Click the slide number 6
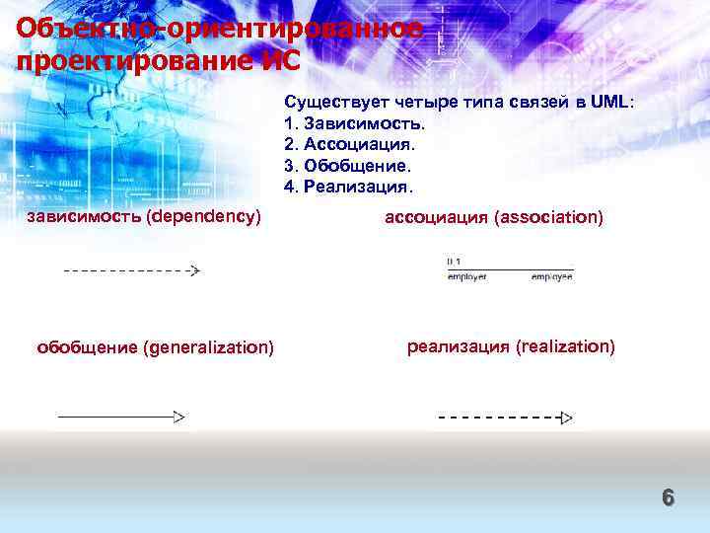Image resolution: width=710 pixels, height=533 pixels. [x=668, y=497]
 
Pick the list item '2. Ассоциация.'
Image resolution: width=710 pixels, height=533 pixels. [x=351, y=145]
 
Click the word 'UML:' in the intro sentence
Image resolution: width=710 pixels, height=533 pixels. [x=613, y=104]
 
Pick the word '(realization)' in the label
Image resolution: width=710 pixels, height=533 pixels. [x=565, y=346]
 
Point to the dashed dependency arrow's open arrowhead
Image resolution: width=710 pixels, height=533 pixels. [x=193, y=270]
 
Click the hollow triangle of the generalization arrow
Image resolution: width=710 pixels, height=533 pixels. [x=179, y=418]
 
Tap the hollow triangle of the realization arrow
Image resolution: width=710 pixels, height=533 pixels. [x=566, y=419]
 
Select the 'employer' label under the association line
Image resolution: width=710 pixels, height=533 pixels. [x=466, y=278]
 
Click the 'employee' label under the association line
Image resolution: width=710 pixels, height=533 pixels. [x=552, y=278]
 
